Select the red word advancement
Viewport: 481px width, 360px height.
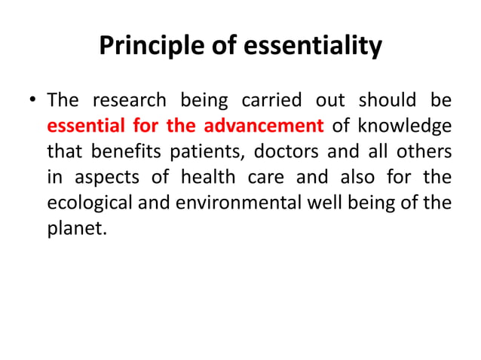pyautogui.click(x=263, y=126)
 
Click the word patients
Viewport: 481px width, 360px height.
pyautogui.click(x=204, y=151)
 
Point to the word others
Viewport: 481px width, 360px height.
pyautogui.click(x=428, y=151)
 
